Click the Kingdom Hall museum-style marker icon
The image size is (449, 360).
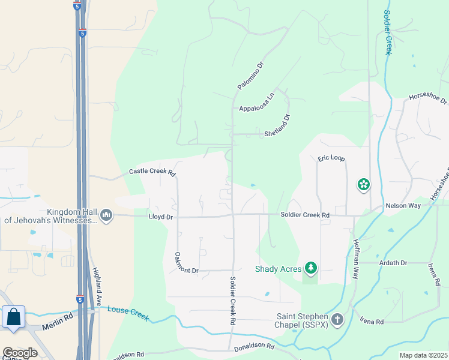click(106, 215)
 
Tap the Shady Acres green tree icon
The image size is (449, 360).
click(310, 268)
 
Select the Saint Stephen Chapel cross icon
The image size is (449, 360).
click(337, 319)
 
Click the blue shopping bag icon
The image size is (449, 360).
click(13, 316)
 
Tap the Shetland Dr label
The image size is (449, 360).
click(277, 126)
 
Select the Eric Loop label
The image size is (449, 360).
click(331, 158)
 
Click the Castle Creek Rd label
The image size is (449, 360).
click(152, 172)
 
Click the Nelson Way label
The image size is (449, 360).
click(403, 205)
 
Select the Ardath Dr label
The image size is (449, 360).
click(393, 263)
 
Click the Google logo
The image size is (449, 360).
click(20, 353)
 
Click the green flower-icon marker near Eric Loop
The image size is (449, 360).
click(363, 184)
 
